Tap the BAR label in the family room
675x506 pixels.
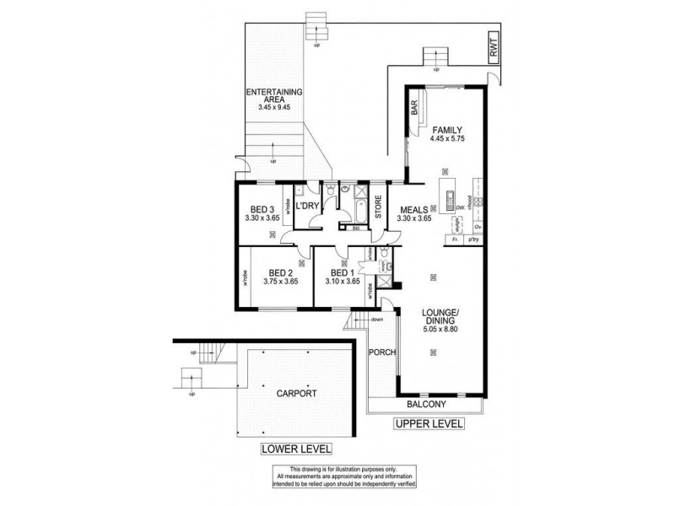[x=414, y=108]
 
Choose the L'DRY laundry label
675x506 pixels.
[x=307, y=204]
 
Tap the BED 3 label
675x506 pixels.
[x=262, y=209]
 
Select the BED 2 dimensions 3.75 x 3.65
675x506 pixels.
[x=281, y=282]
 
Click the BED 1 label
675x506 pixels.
[x=341, y=272]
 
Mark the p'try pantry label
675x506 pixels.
[x=475, y=240]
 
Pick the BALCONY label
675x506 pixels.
[x=424, y=404]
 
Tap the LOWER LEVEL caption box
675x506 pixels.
[x=296, y=449]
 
